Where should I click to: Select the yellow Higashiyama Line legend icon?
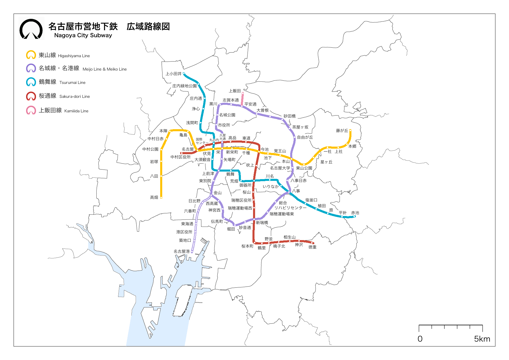pos(31,55)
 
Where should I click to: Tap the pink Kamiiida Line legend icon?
pos(31,110)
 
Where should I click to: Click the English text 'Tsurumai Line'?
pos(72,82)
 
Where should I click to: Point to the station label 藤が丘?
pos(342,131)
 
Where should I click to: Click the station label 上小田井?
pos(173,74)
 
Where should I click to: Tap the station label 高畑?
pos(154,197)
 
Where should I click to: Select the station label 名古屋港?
pos(181,251)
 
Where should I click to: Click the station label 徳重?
pos(312,247)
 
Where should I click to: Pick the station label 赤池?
pos(355,213)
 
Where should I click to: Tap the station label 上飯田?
pos(235,91)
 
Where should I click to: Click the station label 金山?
pos(218,193)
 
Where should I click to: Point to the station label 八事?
pos(296,191)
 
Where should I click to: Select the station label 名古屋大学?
pos(280,168)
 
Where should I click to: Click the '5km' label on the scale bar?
pos(482,339)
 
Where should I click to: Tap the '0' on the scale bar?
pos(420,339)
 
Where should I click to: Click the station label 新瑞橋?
pos(262,223)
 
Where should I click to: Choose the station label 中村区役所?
pos(180,157)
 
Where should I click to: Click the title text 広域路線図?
pos(148,26)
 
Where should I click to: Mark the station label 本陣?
pos(163,131)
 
